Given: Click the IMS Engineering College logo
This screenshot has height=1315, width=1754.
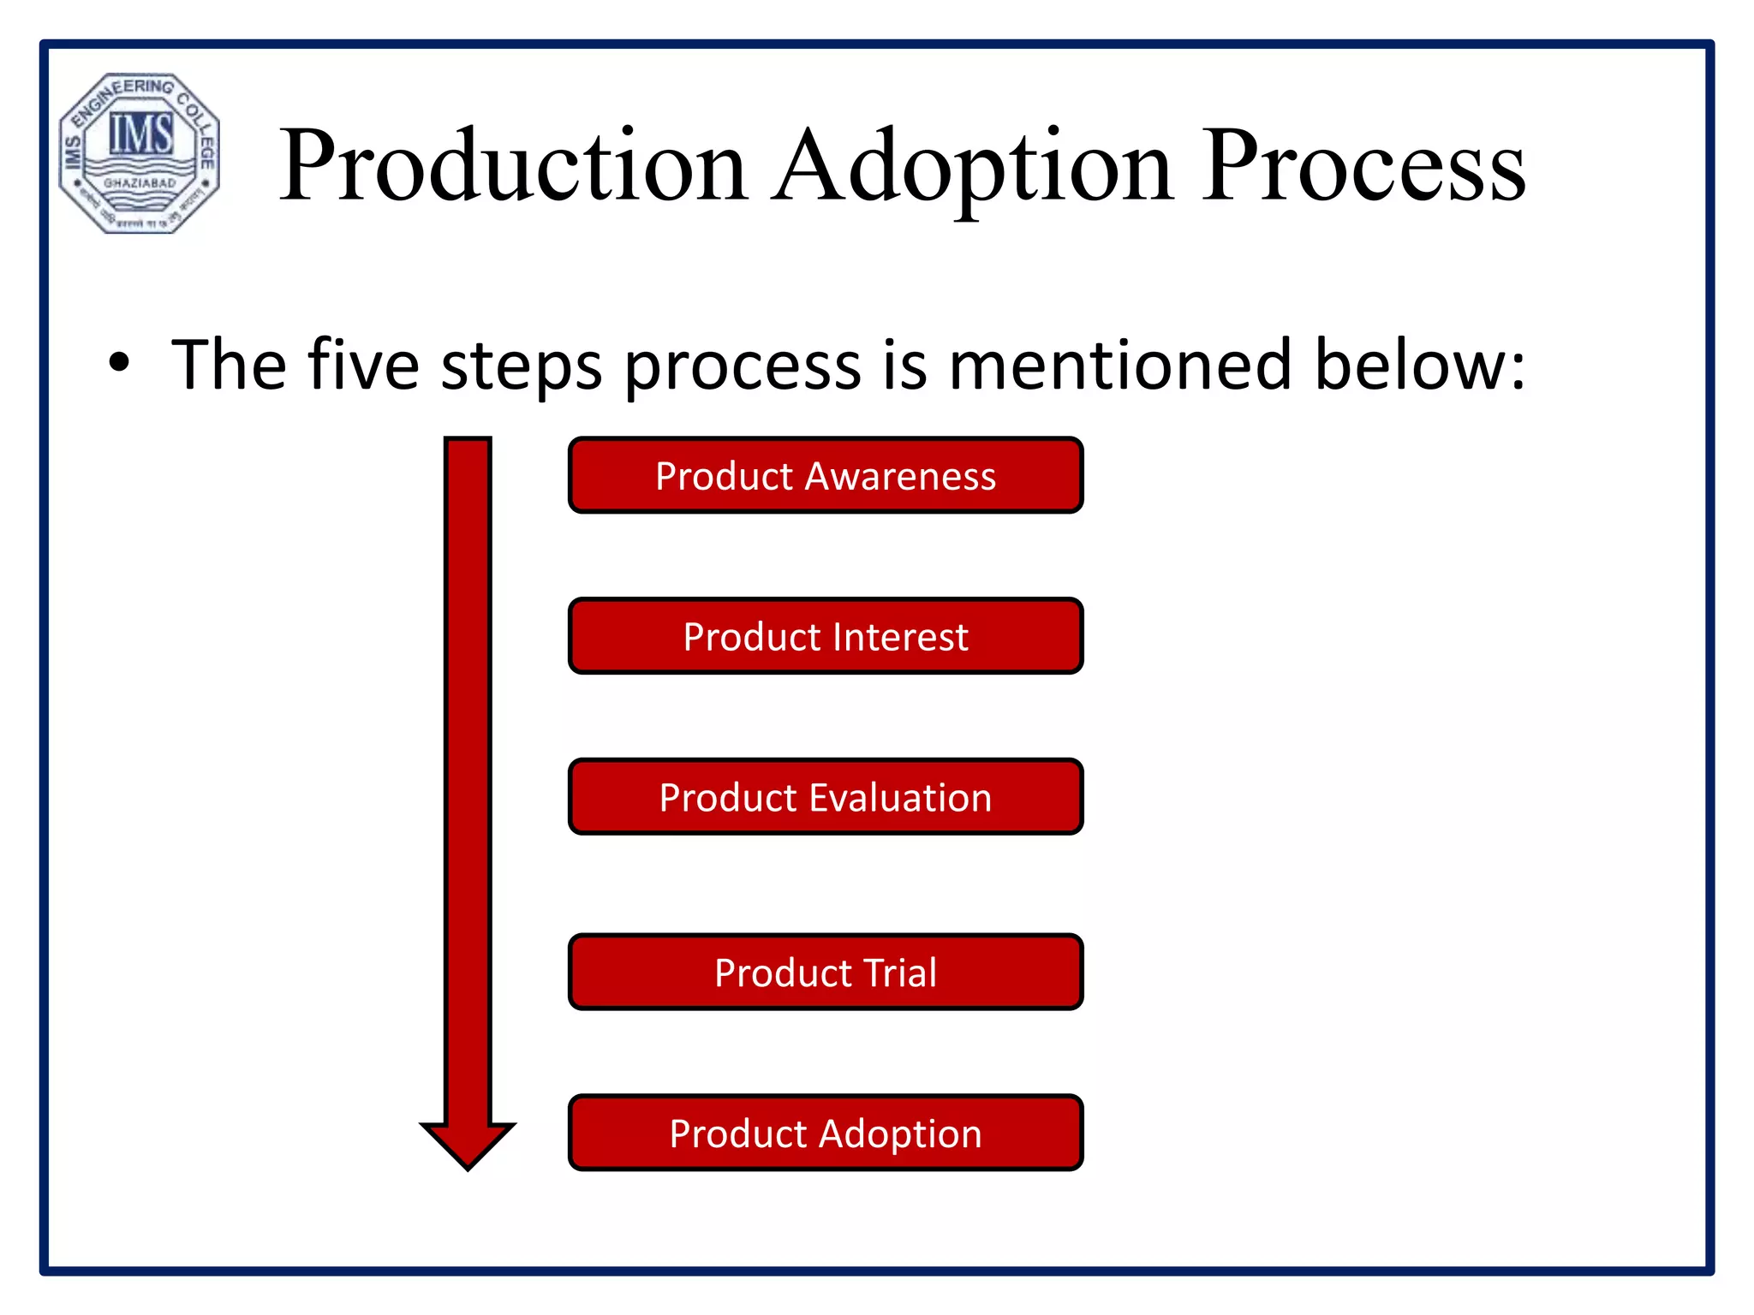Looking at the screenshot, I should (140, 153).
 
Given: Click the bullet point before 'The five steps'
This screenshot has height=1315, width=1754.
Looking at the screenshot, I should (119, 363).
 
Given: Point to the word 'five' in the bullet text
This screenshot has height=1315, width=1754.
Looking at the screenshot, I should (363, 365).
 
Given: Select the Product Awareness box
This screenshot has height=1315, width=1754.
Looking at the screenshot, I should (826, 476).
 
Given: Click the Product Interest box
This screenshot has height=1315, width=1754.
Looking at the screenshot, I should (826, 636).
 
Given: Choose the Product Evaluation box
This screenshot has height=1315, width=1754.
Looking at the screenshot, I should (826, 797).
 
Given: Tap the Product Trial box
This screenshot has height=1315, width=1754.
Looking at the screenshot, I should (826, 973).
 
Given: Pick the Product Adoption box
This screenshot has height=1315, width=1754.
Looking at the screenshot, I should (826, 1133).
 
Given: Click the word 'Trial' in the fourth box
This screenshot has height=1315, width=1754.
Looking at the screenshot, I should (900, 973).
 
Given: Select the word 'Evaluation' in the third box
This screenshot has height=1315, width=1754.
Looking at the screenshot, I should (900, 798).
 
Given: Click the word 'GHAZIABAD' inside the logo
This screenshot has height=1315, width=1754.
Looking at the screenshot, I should (140, 183).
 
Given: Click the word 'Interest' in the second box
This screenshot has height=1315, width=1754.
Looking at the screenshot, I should (900, 637).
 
